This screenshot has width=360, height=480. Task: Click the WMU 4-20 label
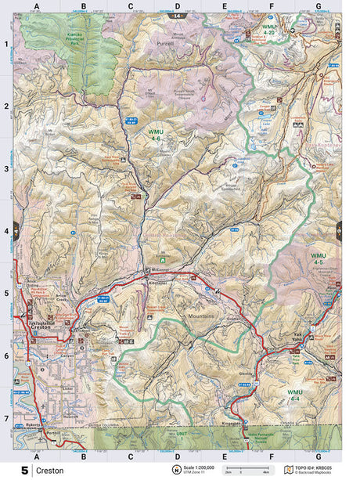click(268, 30)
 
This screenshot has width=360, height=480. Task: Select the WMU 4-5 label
click(318, 259)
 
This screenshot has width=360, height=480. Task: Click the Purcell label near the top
click(164, 44)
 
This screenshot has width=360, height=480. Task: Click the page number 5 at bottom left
click(24, 471)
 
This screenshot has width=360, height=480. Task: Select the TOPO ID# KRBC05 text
click(322, 467)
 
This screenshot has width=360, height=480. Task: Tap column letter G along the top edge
click(318, 6)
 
